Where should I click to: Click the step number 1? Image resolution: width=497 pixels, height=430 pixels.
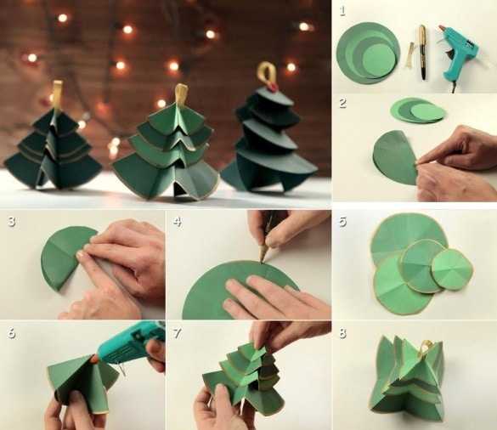pyautogui.click(x=342, y=11)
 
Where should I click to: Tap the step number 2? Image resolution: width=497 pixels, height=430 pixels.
pyautogui.click(x=342, y=103)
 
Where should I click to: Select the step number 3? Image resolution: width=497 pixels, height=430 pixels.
pyautogui.click(x=12, y=221)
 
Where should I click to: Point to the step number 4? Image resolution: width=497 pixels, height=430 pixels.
pyautogui.click(x=178, y=221)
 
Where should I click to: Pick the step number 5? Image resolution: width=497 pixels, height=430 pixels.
pyautogui.click(x=342, y=221)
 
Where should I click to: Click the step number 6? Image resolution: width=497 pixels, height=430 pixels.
pyautogui.click(x=12, y=333)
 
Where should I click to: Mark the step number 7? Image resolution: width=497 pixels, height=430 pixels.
pyautogui.click(x=178, y=333)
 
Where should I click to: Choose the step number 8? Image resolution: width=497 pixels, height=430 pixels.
pyautogui.click(x=342, y=333)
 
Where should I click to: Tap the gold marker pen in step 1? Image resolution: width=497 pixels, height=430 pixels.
pyautogui.click(x=422, y=52)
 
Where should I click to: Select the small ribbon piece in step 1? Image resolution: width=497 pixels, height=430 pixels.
pyautogui.click(x=409, y=55)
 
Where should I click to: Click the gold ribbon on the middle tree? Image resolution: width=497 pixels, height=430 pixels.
pyautogui.click(x=181, y=93)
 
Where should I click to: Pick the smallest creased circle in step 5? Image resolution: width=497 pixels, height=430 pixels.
pyautogui.click(x=452, y=269)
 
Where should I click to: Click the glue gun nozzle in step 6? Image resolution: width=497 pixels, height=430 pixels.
pyautogui.click(x=95, y=359)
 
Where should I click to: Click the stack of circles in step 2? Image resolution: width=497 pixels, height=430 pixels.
pyautogui.click(x=417, y=110)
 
